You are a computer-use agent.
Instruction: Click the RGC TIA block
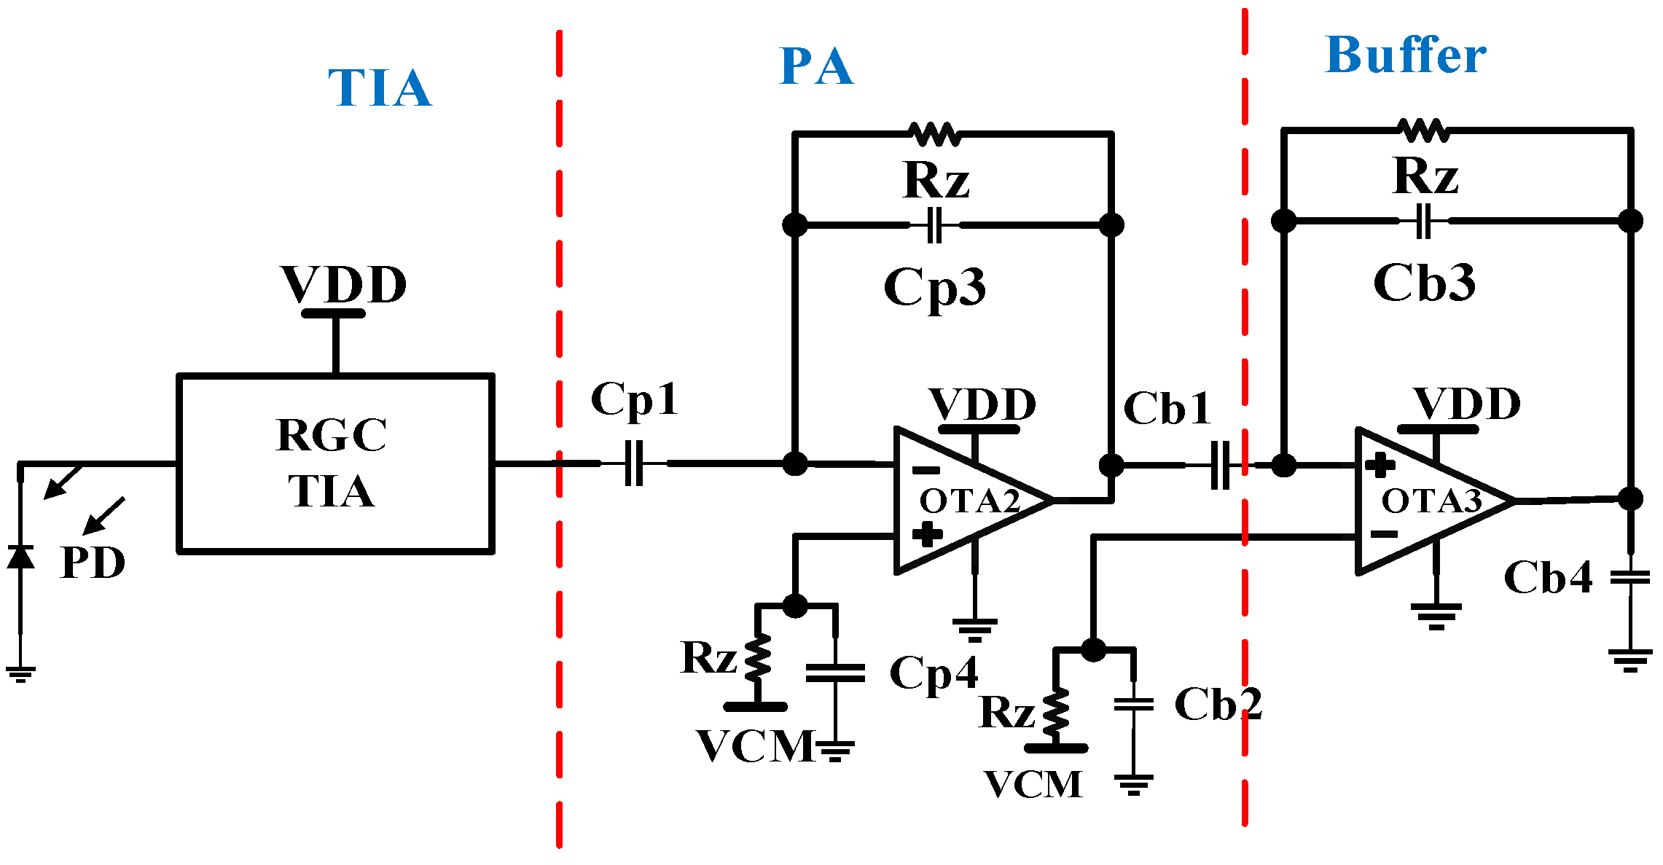tap(335, 463)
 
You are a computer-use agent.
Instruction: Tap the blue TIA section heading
tap(380, 88)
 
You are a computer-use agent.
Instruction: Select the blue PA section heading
tap(816, 67)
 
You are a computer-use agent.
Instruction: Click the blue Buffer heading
tap(1405, 56)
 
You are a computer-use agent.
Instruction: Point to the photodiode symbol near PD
tap(20, 557)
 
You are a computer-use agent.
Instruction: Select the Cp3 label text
tap(934, 287)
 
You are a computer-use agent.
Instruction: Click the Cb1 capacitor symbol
tap(1220, 465)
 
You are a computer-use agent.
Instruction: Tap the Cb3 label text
tap(1424, 283)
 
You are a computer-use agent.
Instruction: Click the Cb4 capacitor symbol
tap(1630, 578)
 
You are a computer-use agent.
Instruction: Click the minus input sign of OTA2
tap(926, 470)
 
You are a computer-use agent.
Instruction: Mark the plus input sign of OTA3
tap(1380, 466)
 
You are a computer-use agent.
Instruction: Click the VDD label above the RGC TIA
tap(343, 284)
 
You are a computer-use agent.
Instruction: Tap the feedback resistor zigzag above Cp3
tap(935, 134)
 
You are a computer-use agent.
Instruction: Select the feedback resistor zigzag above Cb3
tap(1424, 130)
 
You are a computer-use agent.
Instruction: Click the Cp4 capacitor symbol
tap(835, 673)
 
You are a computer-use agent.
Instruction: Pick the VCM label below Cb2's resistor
tap(1033, 785)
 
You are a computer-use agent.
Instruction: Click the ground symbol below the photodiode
tap(20, 673)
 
